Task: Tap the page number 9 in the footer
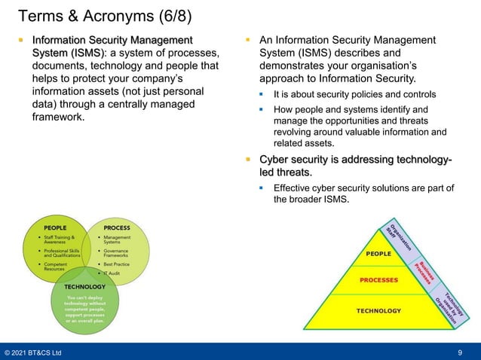pos(460,352)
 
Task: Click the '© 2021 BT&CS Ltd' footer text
pos(34,352)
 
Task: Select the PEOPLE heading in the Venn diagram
pos(54,227)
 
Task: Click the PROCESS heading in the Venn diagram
pos(116,227)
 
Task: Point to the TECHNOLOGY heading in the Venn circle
pos(84,286)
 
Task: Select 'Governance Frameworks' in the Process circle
pos(121,254)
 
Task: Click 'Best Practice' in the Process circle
pos(118,265)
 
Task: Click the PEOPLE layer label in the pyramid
pos(378,254)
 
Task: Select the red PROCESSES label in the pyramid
pos(378,280)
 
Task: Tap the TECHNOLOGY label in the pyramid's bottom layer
pos(378,310)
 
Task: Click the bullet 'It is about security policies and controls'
pos(354,95)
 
